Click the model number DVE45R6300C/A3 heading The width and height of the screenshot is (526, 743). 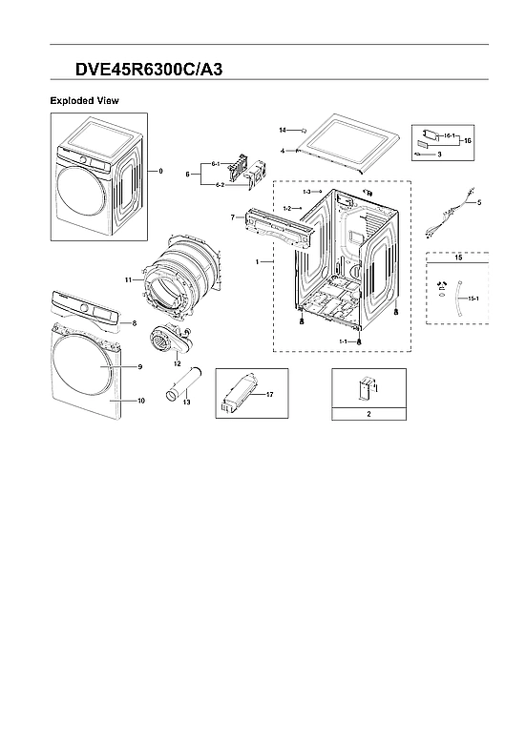point(151,70)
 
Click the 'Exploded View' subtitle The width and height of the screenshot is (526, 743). point(84,100)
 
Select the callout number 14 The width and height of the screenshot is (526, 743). point(283,129)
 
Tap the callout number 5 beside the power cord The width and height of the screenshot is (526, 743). point(479,202)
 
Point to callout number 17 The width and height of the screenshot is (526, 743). point(270,393)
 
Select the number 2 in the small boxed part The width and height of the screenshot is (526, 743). point(368,415)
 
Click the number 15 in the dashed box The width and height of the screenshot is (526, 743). point(457,258)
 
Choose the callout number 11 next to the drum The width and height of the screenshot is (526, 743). point(128,279)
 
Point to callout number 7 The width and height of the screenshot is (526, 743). point(232,217)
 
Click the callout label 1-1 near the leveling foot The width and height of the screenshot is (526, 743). point(342,341)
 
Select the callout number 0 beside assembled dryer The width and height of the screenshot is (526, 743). point(161,171)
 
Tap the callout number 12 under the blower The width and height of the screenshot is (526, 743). point(177,362)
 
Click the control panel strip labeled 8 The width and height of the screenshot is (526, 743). point(88,309)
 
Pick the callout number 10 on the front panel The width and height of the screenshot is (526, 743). point(140,401)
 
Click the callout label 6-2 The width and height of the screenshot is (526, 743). point(219,183)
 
